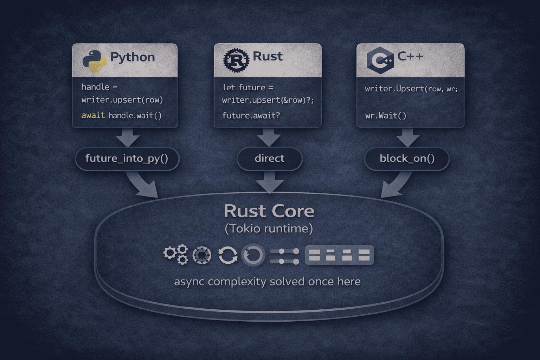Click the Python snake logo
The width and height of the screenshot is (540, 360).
(x=95, y=61)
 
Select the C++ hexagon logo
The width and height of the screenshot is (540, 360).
(x=380, y=60)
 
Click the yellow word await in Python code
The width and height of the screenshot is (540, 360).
(x=93, y=115)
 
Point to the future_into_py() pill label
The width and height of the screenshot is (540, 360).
(x=127, y=159)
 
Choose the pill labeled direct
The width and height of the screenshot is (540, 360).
(x=270, y=159)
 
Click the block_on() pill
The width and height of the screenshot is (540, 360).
(x=407, y=159)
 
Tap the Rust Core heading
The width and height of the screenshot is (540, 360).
(x=269, y=211)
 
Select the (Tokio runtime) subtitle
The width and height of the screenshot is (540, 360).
(x=269, y=229)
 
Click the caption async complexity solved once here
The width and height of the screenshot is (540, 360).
(x=267, y=282)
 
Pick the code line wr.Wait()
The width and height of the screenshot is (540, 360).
(x=386, y=116)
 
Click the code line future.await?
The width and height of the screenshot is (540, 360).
(x=251, y=116)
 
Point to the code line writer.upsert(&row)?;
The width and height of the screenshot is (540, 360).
(x=268, y=100)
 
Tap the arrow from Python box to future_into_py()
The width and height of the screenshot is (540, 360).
(x=128, y=137)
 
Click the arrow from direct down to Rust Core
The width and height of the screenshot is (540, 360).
(x=270, y=182)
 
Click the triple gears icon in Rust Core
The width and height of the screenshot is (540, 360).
(x=176, y=254)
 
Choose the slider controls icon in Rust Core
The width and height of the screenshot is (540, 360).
(x=285, y=256)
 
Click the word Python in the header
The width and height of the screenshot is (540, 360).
(x=133, y=57)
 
